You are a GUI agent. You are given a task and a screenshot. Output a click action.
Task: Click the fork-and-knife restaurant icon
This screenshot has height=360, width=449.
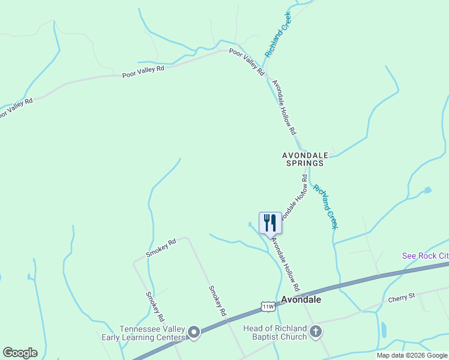point(270,223)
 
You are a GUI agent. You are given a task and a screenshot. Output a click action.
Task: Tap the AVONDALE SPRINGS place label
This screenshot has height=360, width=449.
point(303,159)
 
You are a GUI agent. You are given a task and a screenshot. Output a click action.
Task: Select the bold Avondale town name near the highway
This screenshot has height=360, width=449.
point(301,299)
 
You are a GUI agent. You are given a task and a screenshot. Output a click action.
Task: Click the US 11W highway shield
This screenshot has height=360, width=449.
point(268,306)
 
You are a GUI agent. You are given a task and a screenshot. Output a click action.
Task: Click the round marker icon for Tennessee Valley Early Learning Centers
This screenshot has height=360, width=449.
point(194,332)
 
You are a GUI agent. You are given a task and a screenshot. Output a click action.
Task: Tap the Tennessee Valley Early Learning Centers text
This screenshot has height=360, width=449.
point(152,333)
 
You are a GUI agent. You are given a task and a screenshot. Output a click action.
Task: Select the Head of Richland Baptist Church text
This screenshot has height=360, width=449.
point(275,332)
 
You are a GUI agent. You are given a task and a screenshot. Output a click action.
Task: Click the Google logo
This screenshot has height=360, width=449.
point(20,353)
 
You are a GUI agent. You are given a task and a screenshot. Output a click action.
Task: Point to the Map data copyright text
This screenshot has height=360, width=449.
point(412,355)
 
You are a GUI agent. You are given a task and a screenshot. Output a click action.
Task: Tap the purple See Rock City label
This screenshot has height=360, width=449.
point(425,256)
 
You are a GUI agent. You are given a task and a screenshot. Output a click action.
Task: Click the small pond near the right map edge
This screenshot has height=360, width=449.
point(427,190)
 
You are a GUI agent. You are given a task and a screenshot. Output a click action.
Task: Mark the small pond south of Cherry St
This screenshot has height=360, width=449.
point(383,329)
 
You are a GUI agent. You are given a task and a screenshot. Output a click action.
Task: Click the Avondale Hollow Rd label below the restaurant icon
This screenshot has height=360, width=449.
point(285,261)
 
